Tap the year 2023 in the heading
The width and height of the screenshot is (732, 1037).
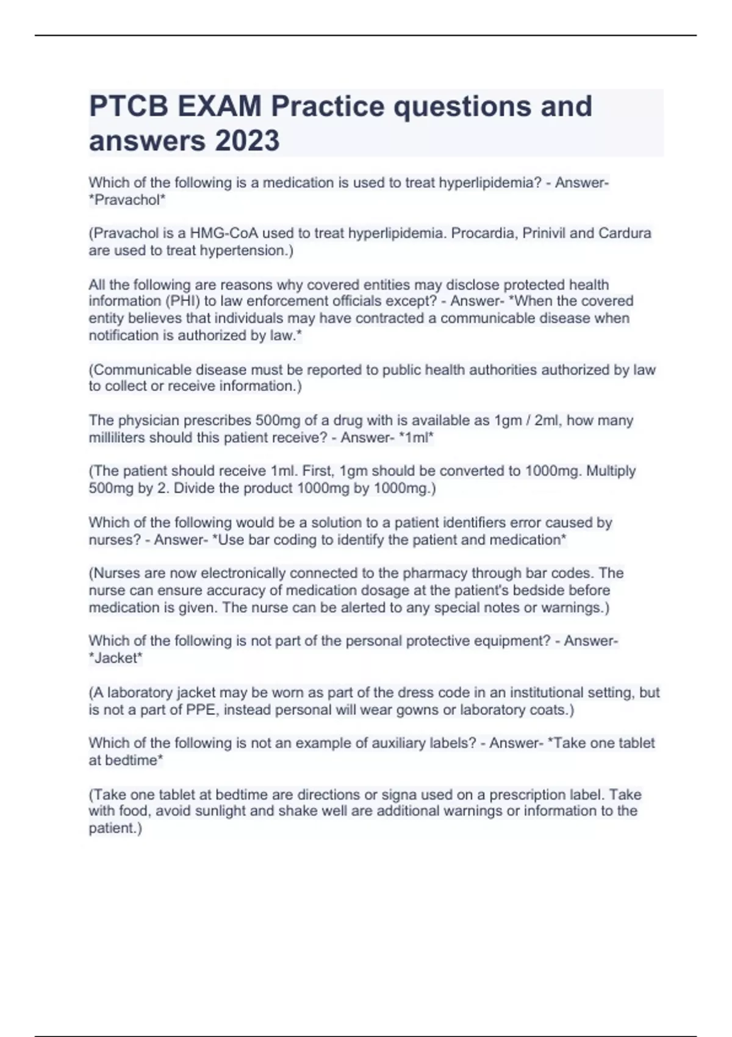tap(246, 141)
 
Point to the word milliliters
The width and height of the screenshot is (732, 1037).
tap(117, 437)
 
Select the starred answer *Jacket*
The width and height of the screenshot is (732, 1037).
tap(115, 658)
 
